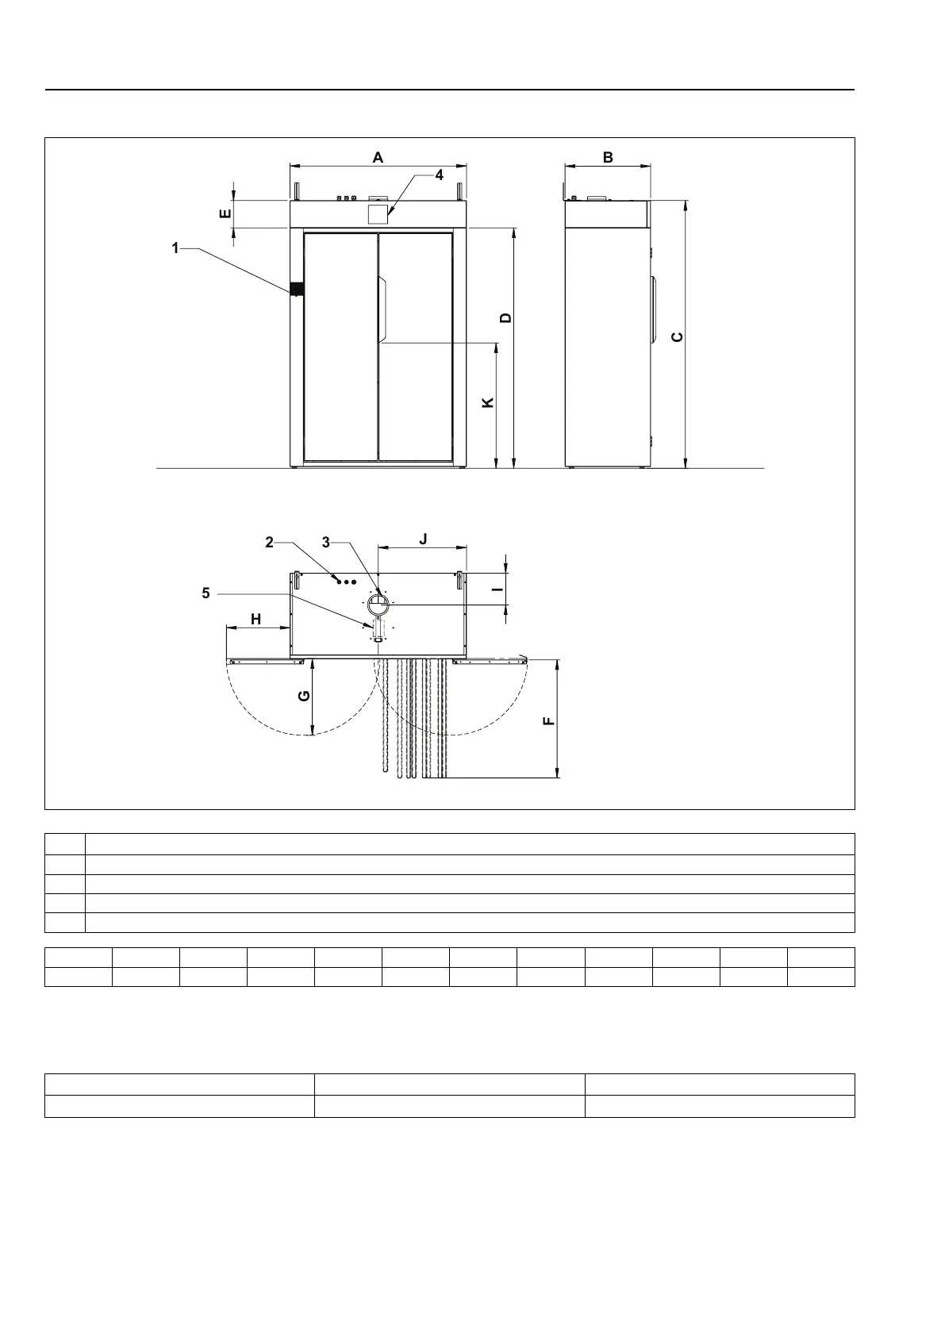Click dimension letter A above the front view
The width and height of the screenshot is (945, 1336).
[x=378, y=157]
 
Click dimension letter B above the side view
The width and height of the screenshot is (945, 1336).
[x=608, y=157]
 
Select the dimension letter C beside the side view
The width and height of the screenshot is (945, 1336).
[x=677, y=337]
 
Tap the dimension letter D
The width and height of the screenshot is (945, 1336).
[x=505, y=318]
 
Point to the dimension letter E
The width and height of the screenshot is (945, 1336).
[x=225, y=213]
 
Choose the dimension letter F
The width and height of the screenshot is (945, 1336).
[x=549, y=721]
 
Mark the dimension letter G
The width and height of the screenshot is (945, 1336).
[x=304, y=696]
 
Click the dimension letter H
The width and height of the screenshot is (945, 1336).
[x=256, y=619]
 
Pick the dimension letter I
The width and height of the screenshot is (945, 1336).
[x=497, y=589]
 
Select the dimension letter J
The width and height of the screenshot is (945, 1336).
[x=423, y=539]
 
